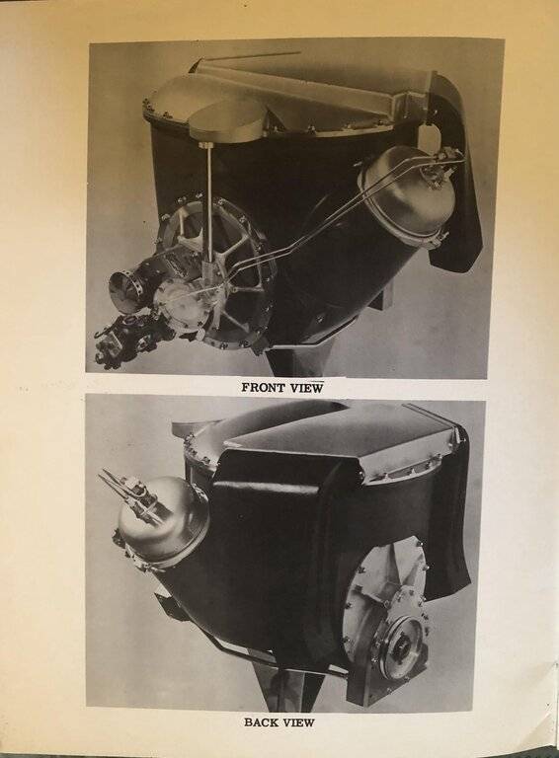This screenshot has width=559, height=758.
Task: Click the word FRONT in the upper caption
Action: tap(263, 388)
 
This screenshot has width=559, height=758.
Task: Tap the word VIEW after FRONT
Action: tap(305, 388)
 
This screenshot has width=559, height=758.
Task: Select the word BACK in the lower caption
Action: tap(262, 722)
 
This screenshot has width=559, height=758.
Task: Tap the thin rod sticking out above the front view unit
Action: tap(251, 56)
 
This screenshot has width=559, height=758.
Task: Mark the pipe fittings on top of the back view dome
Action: tap(128, 488)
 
